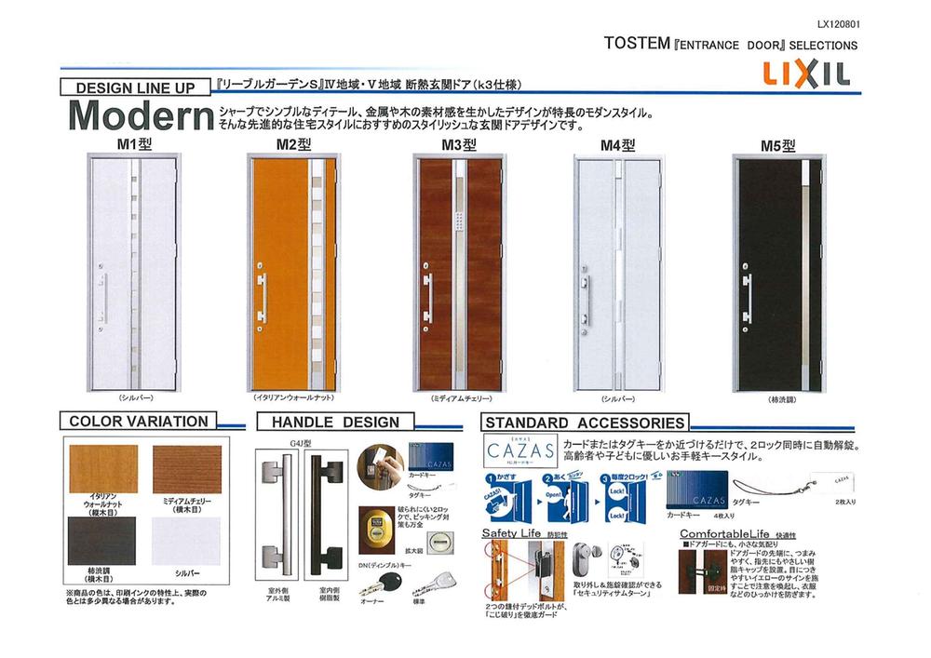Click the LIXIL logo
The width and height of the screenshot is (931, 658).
point(807,74)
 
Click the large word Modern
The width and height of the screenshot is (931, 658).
point(140,115)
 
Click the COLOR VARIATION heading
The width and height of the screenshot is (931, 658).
point(139,422)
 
